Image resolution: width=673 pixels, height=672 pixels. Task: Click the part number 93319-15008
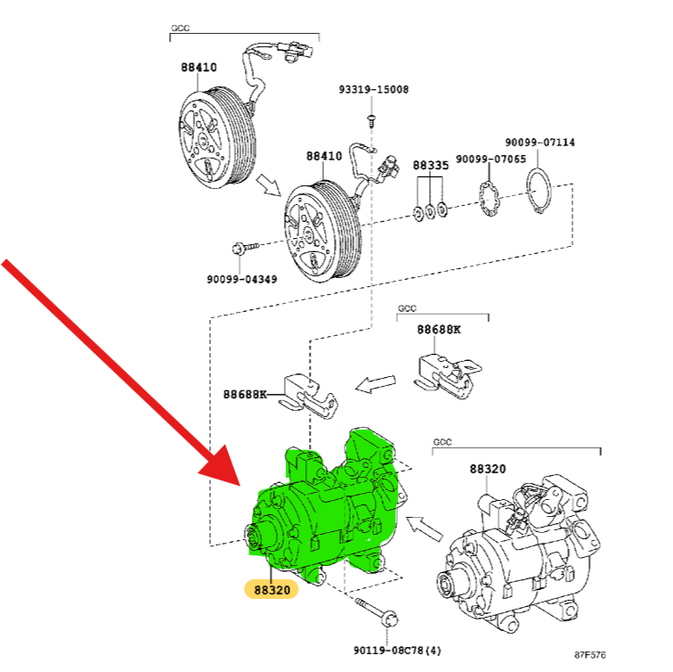[x=373, y=90]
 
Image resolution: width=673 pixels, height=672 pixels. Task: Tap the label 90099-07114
[x=539, y=142]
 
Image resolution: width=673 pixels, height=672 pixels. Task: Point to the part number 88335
[x=431, y=166]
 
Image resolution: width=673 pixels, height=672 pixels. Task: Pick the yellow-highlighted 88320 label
[x=272, y=589]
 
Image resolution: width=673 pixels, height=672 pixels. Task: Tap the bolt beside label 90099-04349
[x=244, y=245]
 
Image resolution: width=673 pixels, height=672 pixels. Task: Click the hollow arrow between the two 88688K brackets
[x=376, y=384]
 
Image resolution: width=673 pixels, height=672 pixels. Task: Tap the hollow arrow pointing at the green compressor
[x=425, y=527]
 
